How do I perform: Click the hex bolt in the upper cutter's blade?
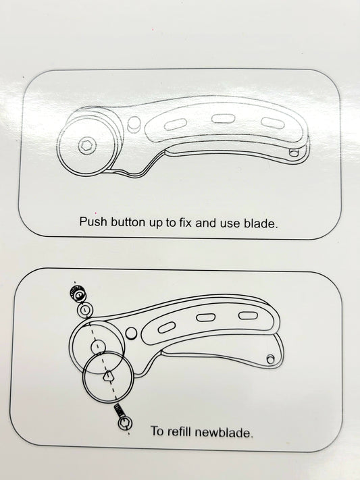click(87, 146)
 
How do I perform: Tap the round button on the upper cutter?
click(134, 124)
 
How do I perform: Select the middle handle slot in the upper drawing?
click(224, 118)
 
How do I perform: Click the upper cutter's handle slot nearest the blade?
click(176, 125)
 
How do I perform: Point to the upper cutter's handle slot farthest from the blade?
click(272, 122)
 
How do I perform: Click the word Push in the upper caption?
click(93, 221)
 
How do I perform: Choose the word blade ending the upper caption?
click(261, 223)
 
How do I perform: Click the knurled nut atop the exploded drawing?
click(79, 294)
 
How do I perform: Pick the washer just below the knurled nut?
click(85, 310)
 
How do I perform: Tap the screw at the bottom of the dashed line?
click(123, 417)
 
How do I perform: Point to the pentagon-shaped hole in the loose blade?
click(108, 375)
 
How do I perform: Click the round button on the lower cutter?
click(132, 333)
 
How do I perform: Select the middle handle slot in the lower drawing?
click(206, 317)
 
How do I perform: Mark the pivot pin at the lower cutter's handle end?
click(270, 359)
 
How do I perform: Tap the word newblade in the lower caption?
click(224, 432)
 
